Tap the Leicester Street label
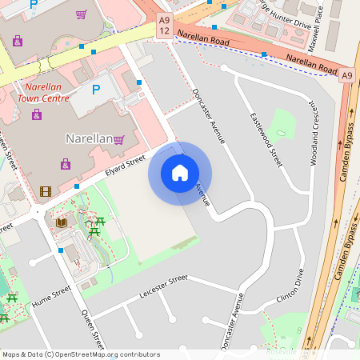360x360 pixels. coord(163,284)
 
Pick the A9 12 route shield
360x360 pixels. coord(164,24)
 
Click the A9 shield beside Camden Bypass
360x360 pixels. coord(346,75)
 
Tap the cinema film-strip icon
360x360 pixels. coord(45,191)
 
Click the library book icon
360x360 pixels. coord(61,222)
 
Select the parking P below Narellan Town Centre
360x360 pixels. coord(97,90)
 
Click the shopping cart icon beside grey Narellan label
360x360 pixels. coord(119,139)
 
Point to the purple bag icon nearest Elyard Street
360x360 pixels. coord(66,164)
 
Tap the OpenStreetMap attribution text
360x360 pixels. coord(80,354)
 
